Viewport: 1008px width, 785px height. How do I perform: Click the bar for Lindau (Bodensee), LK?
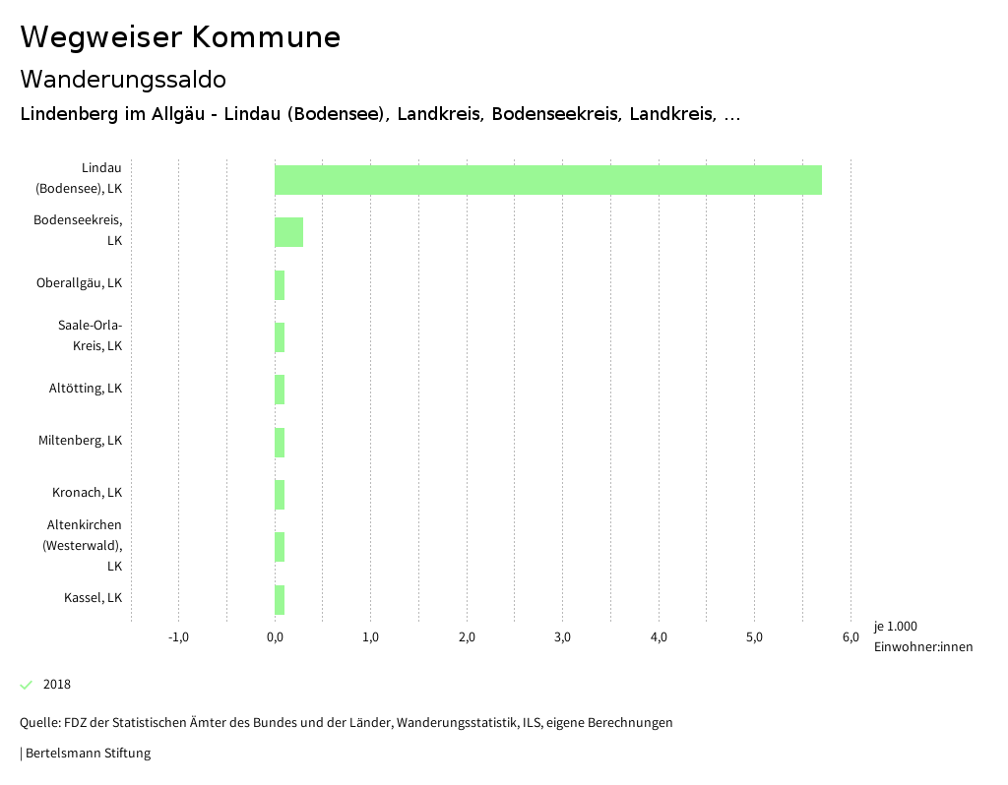point(547,180)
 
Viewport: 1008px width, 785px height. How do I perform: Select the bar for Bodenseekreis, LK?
point(288,232)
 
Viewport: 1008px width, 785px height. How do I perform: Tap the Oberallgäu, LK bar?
point(280,285)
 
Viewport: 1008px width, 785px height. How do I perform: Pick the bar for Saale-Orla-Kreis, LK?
point(280,337)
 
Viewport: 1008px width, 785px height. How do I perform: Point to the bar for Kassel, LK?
point(280,600)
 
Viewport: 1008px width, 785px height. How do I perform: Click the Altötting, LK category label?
point(86,389)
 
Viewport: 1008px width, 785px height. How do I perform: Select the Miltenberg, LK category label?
point(81,441)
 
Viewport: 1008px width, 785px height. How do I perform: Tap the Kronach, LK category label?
point(87,493)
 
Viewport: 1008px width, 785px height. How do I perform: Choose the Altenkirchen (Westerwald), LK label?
point(84,546)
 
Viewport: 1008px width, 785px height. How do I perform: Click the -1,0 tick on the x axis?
point(178,637)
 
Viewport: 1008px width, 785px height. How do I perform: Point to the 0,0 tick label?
point(275,637)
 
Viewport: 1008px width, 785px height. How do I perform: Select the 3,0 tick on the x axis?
point(562,637)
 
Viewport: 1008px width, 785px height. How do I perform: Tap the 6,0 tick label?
point(850,637)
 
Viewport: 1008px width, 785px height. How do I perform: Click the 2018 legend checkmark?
point(27,685)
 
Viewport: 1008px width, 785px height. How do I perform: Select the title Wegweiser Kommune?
point(180,37)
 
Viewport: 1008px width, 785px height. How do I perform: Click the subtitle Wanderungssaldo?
point(123,79)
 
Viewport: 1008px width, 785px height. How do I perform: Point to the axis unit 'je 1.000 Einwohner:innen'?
point(922,636)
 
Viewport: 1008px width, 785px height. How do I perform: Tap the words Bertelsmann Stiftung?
point(88,754)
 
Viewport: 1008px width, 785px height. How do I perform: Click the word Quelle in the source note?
point(38,723)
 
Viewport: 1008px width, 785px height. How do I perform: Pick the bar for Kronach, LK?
point(280,495)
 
